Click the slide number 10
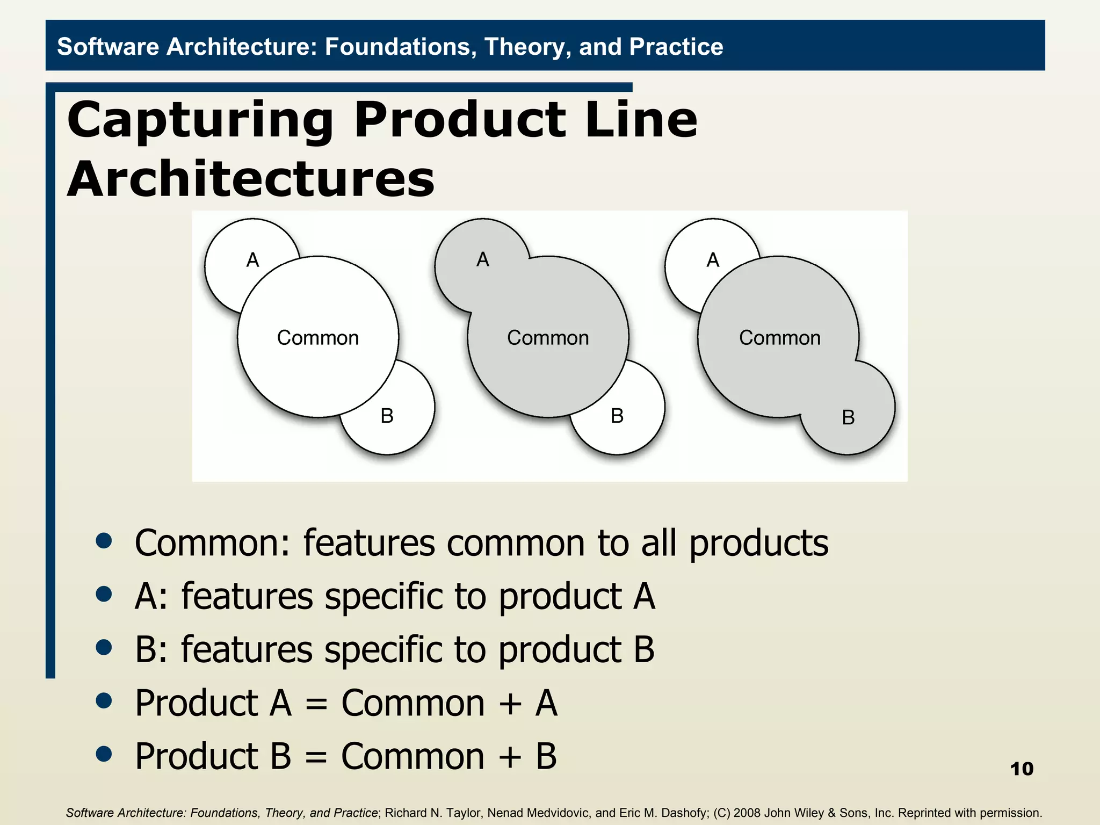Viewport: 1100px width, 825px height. click(1021, 769)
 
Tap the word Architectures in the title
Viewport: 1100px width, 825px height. click(250, 179)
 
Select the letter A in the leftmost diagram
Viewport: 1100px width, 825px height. click(252, 260)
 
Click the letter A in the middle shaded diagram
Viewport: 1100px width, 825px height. click(483, 259)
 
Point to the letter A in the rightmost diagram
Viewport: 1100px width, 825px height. click(713, 260)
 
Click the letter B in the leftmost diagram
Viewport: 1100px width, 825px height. click(387, 416)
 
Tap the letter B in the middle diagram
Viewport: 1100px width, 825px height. click(617, 416)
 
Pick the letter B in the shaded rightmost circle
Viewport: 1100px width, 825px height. click(848, 417)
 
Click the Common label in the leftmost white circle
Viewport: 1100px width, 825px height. click(318, 338)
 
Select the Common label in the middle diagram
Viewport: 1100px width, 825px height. click(548, 338)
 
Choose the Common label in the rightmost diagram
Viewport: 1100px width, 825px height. click(780, 338)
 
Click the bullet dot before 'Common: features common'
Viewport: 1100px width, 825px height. click(104, 541)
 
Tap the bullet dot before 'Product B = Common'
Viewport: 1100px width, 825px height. click(104, 754)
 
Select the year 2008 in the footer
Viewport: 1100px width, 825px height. click(747, 813)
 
